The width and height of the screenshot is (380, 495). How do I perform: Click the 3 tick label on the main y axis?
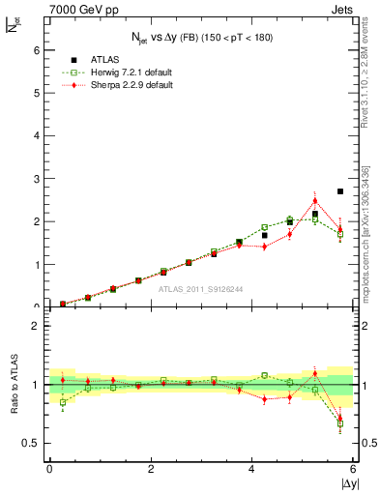[x=36, y=179]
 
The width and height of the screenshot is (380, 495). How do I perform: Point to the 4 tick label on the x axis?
[x=251, y=468]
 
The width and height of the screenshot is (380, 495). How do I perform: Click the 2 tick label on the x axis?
[x=151, y=468]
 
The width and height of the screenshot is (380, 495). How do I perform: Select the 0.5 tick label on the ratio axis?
[x=30, y=443]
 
